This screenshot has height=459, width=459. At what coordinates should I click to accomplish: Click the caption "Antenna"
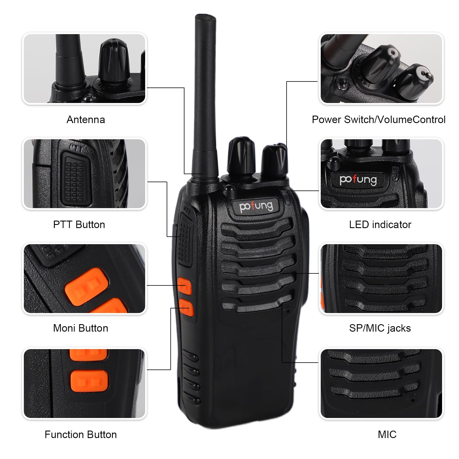click(x=86, y=120)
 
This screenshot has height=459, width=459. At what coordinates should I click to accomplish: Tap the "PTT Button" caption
click(x=79, y=225)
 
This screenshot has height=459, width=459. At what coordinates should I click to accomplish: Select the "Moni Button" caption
click(x=81, y=328)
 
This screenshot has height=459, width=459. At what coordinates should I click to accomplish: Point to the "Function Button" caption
click(x=81, y=435)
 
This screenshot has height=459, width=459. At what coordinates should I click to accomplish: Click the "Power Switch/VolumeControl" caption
click(x=379, y=120)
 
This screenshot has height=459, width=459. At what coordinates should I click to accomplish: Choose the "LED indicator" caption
click(x=380, y=225)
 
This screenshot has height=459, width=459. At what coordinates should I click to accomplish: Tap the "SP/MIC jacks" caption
click(x=380, y=328)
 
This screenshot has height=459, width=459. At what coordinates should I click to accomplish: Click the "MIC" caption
click(x=387, y=435)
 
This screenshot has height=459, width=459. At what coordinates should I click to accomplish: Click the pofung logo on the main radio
click(x=256, y=206)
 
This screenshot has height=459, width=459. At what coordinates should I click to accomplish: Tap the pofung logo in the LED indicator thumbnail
click(x=358, y=180)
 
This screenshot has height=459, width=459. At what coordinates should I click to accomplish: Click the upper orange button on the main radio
click(x=184, y=286)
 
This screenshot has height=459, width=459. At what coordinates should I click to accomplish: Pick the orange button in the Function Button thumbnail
click(x=89, y=381)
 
